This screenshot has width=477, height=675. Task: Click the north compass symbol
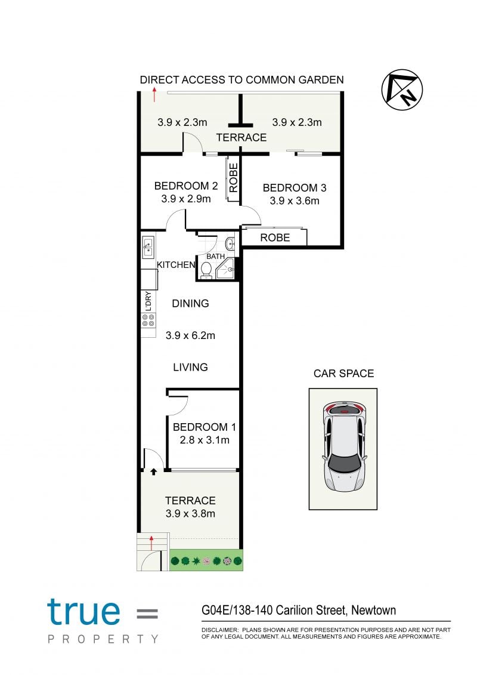[402, 90]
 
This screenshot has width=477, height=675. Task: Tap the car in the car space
[345, 447]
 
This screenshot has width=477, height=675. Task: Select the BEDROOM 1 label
[205, 427]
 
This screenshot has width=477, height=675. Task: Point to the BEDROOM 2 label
[186, 186]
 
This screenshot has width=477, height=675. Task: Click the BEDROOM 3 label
[295, 187]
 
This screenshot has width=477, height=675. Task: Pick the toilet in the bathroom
[206, 270]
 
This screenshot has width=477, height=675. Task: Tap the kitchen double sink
[148, 247]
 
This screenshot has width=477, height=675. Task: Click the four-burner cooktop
[148, 320]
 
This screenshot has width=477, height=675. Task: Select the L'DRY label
[148, 301]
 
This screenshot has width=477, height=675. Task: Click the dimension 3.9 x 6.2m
[190, 335]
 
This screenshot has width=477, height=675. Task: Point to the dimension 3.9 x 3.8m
[190, 514]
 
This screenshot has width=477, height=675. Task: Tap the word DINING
[191, 304]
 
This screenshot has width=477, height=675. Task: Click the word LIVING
[191, 367]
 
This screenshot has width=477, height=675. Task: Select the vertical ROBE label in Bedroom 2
[233, 178]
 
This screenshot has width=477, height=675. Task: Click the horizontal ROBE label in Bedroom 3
[275, 238]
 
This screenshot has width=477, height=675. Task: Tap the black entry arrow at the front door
[154, 472]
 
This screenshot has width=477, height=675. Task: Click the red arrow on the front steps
[151, 543]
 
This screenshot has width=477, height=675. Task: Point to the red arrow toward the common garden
[154, 94]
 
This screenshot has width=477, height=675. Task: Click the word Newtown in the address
[373, 610]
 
